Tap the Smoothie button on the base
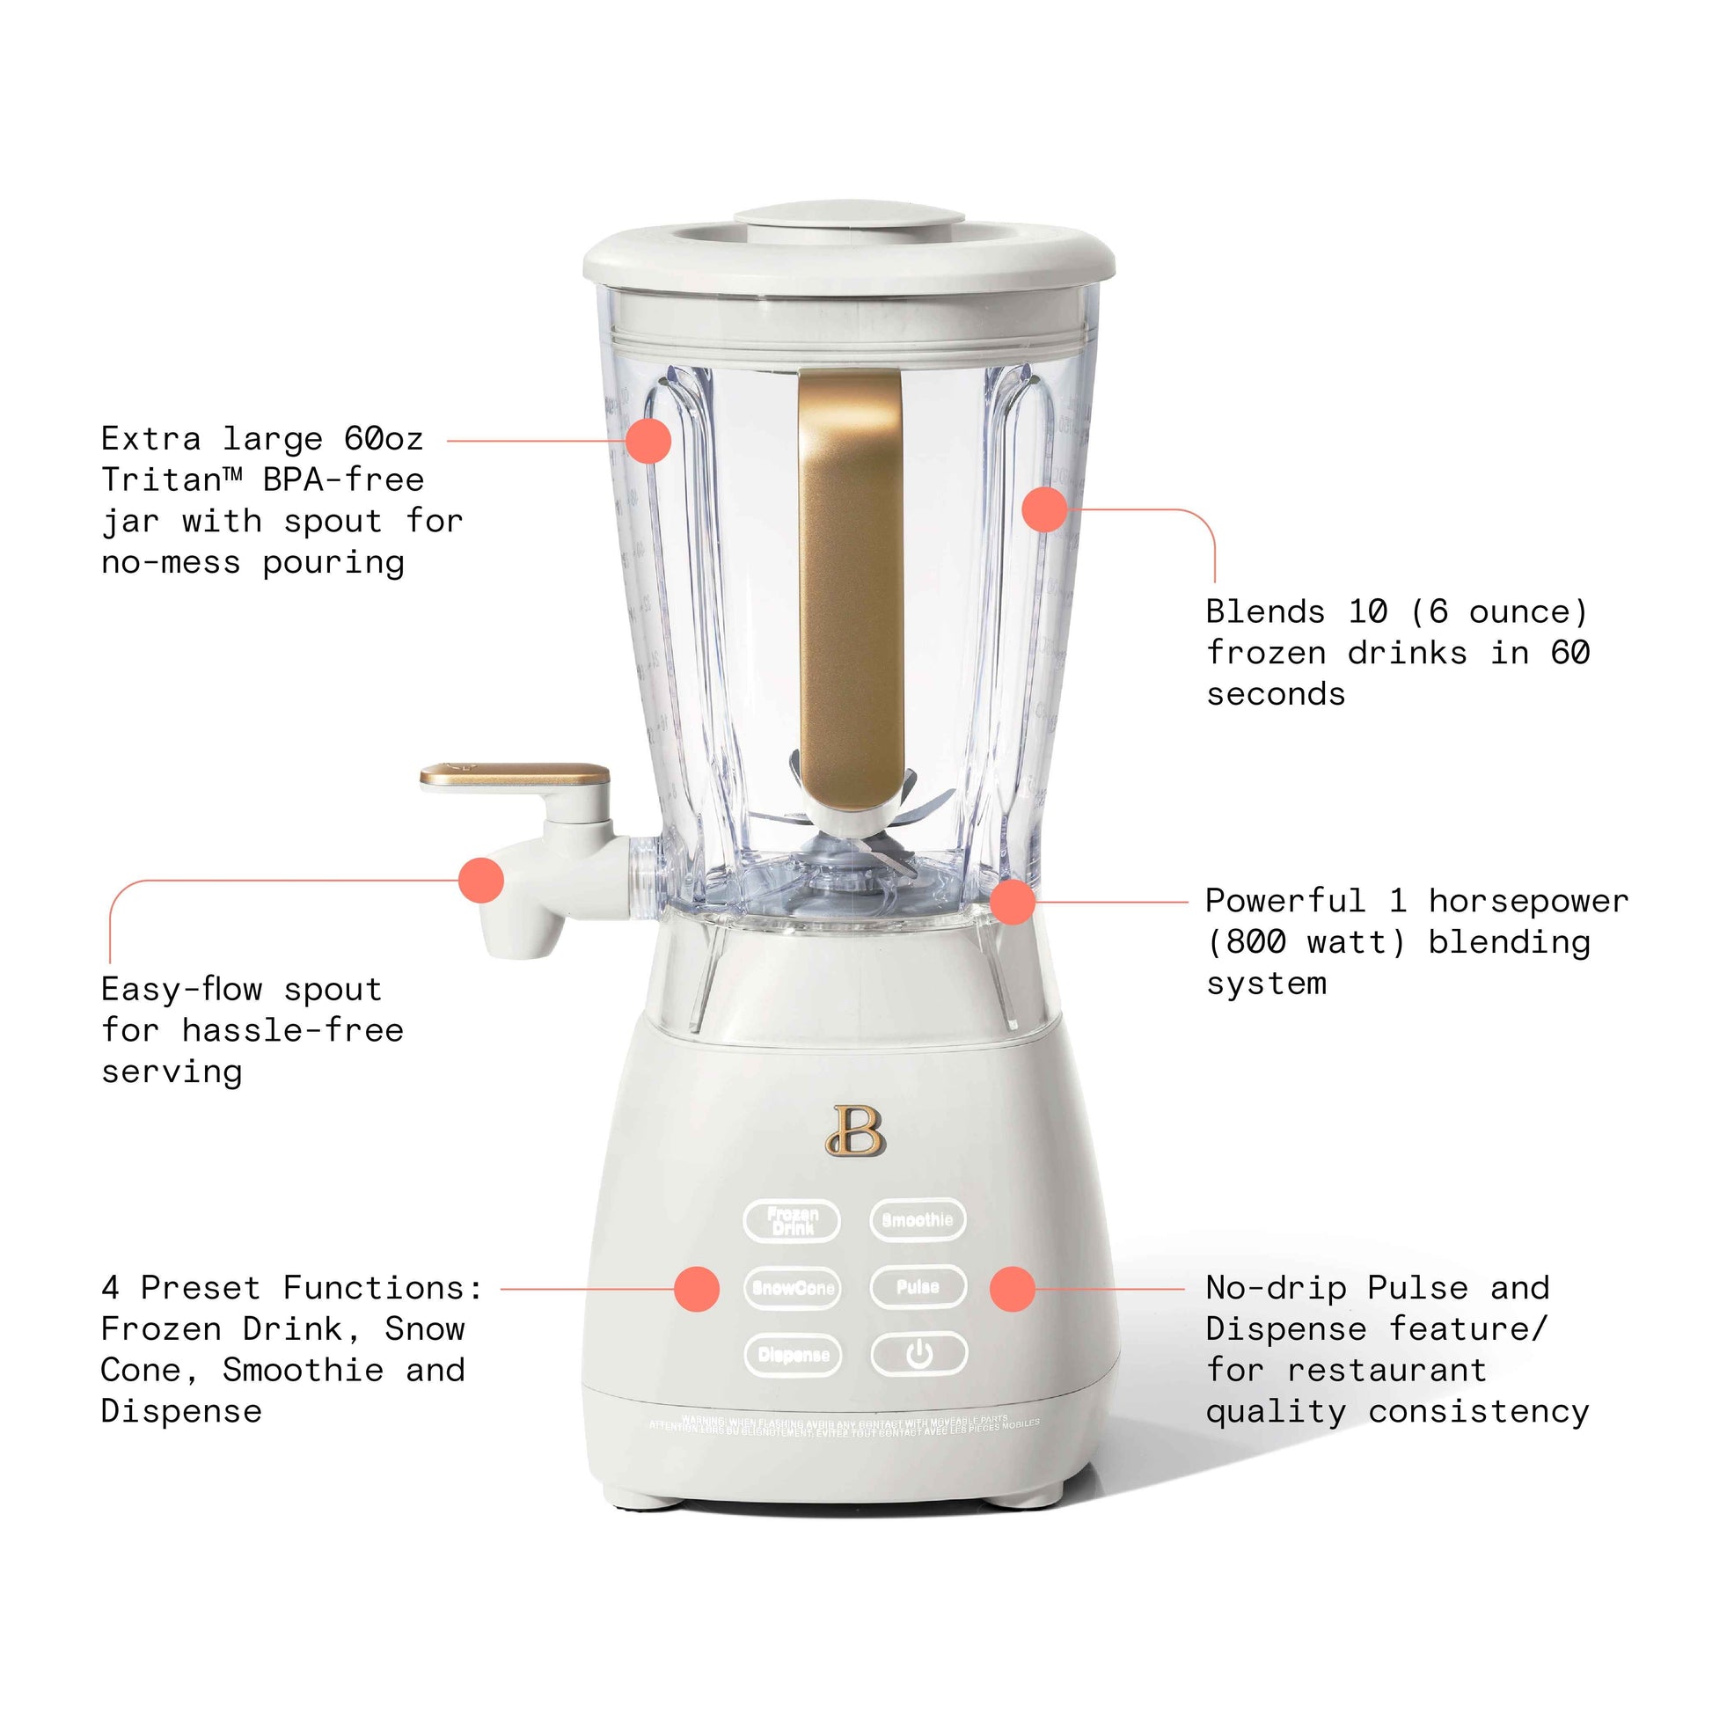(917, 1220)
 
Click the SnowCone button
(792, 1288)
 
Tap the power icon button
(918, 1354)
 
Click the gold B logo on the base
(856, 1130)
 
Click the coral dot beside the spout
(481, 880)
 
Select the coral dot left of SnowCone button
(697, 1289)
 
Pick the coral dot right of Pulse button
(1012, 1289)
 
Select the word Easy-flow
(181, 989)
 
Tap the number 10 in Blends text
(1367, 611)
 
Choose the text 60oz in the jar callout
(384, 439)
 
